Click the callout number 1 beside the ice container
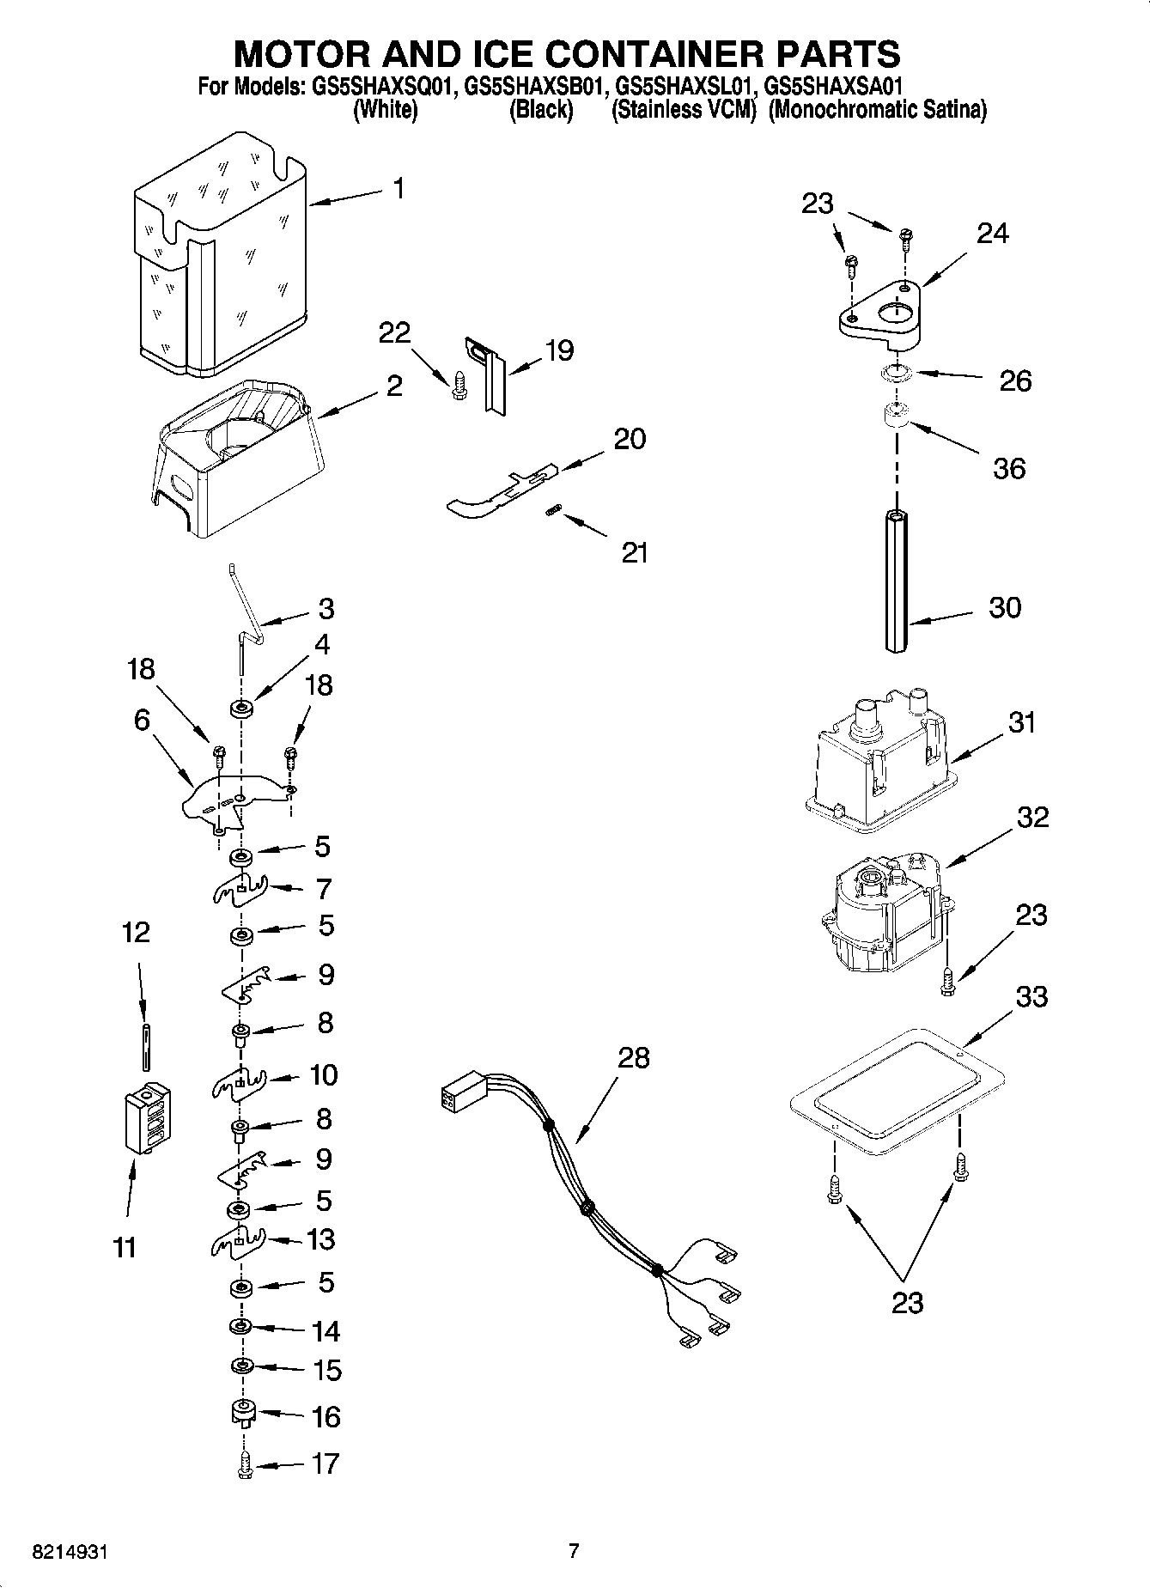click(x=399, y=188)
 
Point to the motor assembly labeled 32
click(x=885, y=915)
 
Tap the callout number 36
click(x=1009, y=468)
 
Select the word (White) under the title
click(x=386, y=110)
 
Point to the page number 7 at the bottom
click(x=574, y=1551)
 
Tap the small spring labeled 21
click(x=554, y=512)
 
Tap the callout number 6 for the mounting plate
click(x=142, y=720)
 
